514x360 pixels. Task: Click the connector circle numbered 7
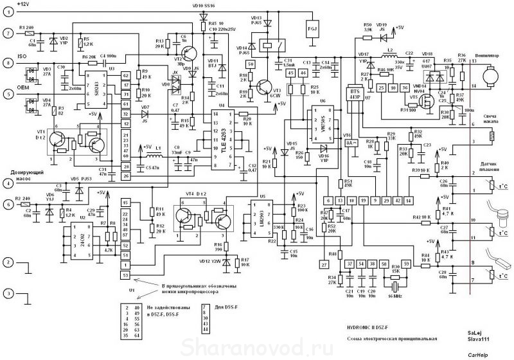8,32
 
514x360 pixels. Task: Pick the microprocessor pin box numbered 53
125,275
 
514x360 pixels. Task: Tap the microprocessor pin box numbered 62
125,75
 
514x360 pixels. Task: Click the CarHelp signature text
477,354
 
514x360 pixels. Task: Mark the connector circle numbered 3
8,293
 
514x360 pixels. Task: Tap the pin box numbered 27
324,264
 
